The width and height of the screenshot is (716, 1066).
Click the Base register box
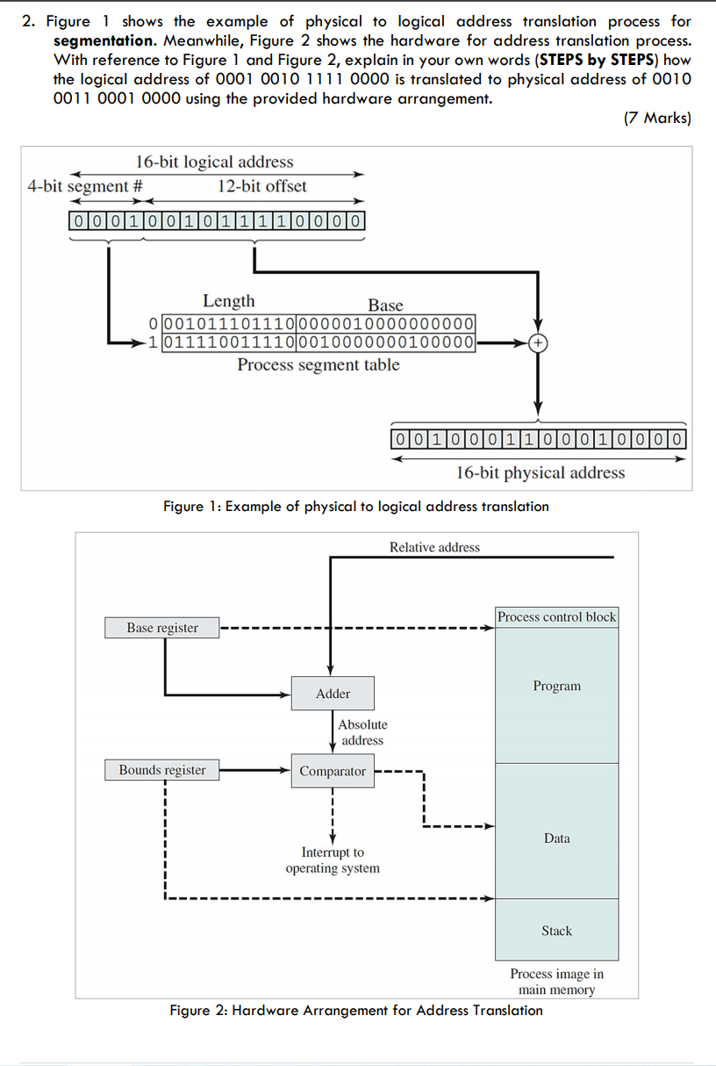click(162, 628)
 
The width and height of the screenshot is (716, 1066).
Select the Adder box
click(333, 694)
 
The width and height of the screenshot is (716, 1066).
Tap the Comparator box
click(333, 771)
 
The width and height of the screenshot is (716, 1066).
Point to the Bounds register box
click(162, 770)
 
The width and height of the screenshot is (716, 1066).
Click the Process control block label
click(557, 617)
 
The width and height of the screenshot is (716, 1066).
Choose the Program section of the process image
click(557, 687)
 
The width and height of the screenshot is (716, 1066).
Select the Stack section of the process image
click(557, 931)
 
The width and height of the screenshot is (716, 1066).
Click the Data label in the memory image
click(557, 839)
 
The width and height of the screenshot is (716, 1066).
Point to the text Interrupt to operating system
click(333, 861)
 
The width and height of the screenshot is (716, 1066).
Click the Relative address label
click(434, 547)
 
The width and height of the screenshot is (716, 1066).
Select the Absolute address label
click(362, 732)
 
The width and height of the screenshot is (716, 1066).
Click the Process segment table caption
click(319, 365)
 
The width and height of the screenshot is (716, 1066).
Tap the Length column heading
click(229, 301)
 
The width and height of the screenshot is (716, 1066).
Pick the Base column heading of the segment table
click(385, 305)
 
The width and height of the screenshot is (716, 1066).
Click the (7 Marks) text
click(657, 118)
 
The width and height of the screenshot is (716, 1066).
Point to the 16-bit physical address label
click(541, 472)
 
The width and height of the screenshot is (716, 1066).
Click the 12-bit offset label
click(262, 185)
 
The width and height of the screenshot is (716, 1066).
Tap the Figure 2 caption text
click(356, 1010)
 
